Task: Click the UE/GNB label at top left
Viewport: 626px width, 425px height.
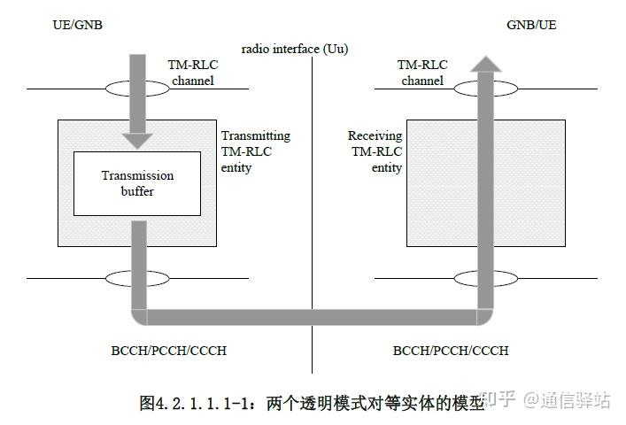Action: pyautogui.click(x=78, y=25)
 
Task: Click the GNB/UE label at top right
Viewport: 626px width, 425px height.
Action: pyautogui.click(x=531, y=25)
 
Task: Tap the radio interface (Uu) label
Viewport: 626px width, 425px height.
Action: pyautogui.click(x=294, y=49)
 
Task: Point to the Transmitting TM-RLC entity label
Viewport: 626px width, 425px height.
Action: pyautogui.click(x=255, y=151)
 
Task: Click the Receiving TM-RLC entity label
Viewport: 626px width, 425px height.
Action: pyautogui.click(x=375, y=151)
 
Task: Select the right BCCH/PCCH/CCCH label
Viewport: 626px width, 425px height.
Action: pyautogui.click(x=451, y=351)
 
